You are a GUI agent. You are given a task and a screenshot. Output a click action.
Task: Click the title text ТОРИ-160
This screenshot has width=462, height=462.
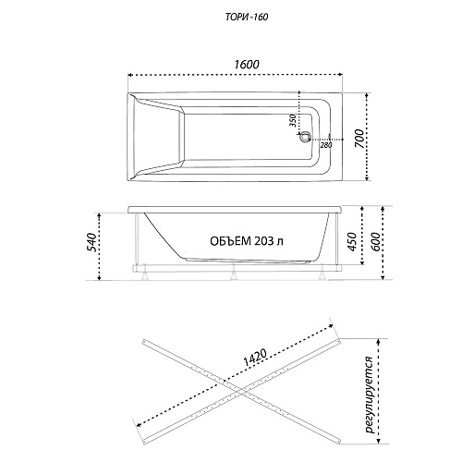point(247,18)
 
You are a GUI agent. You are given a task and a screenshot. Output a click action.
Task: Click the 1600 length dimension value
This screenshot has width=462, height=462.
point(247,65)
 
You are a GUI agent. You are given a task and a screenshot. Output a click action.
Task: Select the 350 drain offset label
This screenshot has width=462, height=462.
point(293,121)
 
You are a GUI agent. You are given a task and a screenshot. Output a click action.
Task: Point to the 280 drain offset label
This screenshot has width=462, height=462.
point(326,145)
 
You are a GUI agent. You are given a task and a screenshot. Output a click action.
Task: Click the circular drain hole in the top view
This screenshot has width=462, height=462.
point(306,137)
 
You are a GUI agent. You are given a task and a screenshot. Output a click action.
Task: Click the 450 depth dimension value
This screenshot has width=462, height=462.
point(352,241)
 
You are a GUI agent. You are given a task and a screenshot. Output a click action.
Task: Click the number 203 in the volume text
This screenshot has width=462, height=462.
point(264,241)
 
